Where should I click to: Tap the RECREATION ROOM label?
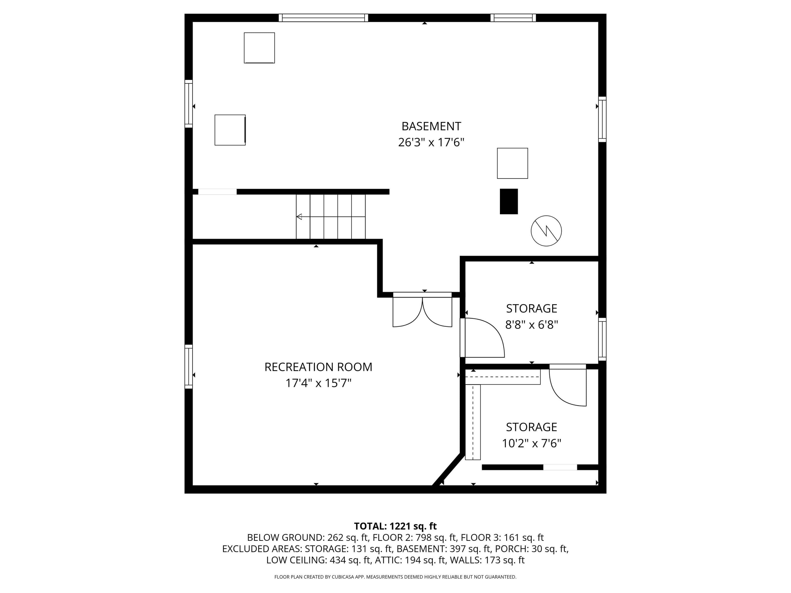pyautogui.click(x=318, y=367)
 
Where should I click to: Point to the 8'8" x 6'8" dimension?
pyautogui.click(x=531, y=324)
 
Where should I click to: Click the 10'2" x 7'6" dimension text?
pyautogui.click(x=531, y=443)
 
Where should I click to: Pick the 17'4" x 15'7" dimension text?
pyautogui.click(x=318, y=383)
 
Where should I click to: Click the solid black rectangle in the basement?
pyautogui.click(x=509, y=202)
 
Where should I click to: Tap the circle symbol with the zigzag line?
pyautogui.click(x=546, y=231)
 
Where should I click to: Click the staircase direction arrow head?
pyautogui.click(x=299, y=217)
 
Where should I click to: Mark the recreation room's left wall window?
pyautogui.click(x=189, y=366)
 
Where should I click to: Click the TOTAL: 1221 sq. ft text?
pyautogui.click(x=395, y=526)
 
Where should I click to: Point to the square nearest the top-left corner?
pyautogui.click(x=259, y=48)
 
